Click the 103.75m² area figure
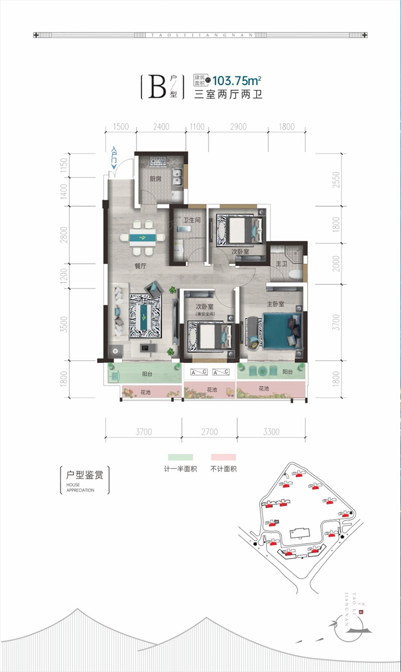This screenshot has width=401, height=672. (x=238, y=80)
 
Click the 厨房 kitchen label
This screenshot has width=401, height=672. (x=155, y=179)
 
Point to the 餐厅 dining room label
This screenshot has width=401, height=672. (x=140, y=267)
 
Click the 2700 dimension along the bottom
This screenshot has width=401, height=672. (x=209, y=431)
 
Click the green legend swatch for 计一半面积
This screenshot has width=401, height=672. (x=180, y=457)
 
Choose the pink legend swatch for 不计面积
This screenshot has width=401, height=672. (x=223, y=457)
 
